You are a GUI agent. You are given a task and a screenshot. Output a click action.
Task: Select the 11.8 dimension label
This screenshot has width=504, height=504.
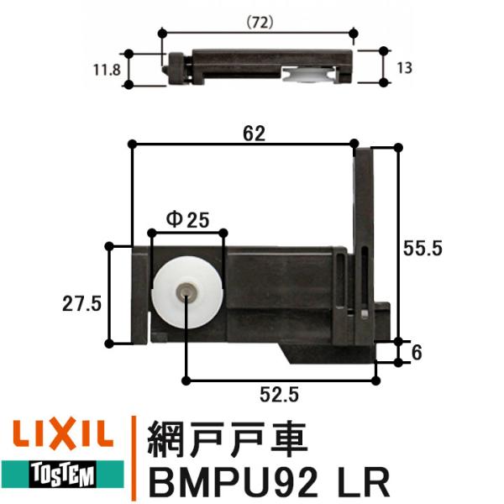pos(108,69)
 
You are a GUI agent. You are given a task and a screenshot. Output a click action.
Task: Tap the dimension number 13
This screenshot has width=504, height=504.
pos(405,68)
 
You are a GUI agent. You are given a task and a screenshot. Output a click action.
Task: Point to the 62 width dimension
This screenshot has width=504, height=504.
pos(254,133)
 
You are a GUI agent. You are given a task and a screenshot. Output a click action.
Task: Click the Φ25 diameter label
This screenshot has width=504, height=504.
pos(187,219)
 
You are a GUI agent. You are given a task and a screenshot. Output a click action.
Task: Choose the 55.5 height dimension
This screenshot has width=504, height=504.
pos(423,249)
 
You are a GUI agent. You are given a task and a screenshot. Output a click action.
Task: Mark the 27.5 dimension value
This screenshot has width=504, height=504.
pos(81,302)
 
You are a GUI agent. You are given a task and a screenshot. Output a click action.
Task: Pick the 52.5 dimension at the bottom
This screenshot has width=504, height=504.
pos(278,392)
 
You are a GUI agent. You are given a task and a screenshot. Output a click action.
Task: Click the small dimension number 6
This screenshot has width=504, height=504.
pos(417,354)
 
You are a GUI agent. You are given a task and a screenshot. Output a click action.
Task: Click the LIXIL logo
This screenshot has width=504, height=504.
pos(60,435)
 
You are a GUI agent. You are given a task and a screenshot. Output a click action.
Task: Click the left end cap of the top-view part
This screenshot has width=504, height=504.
pos(177,69)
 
